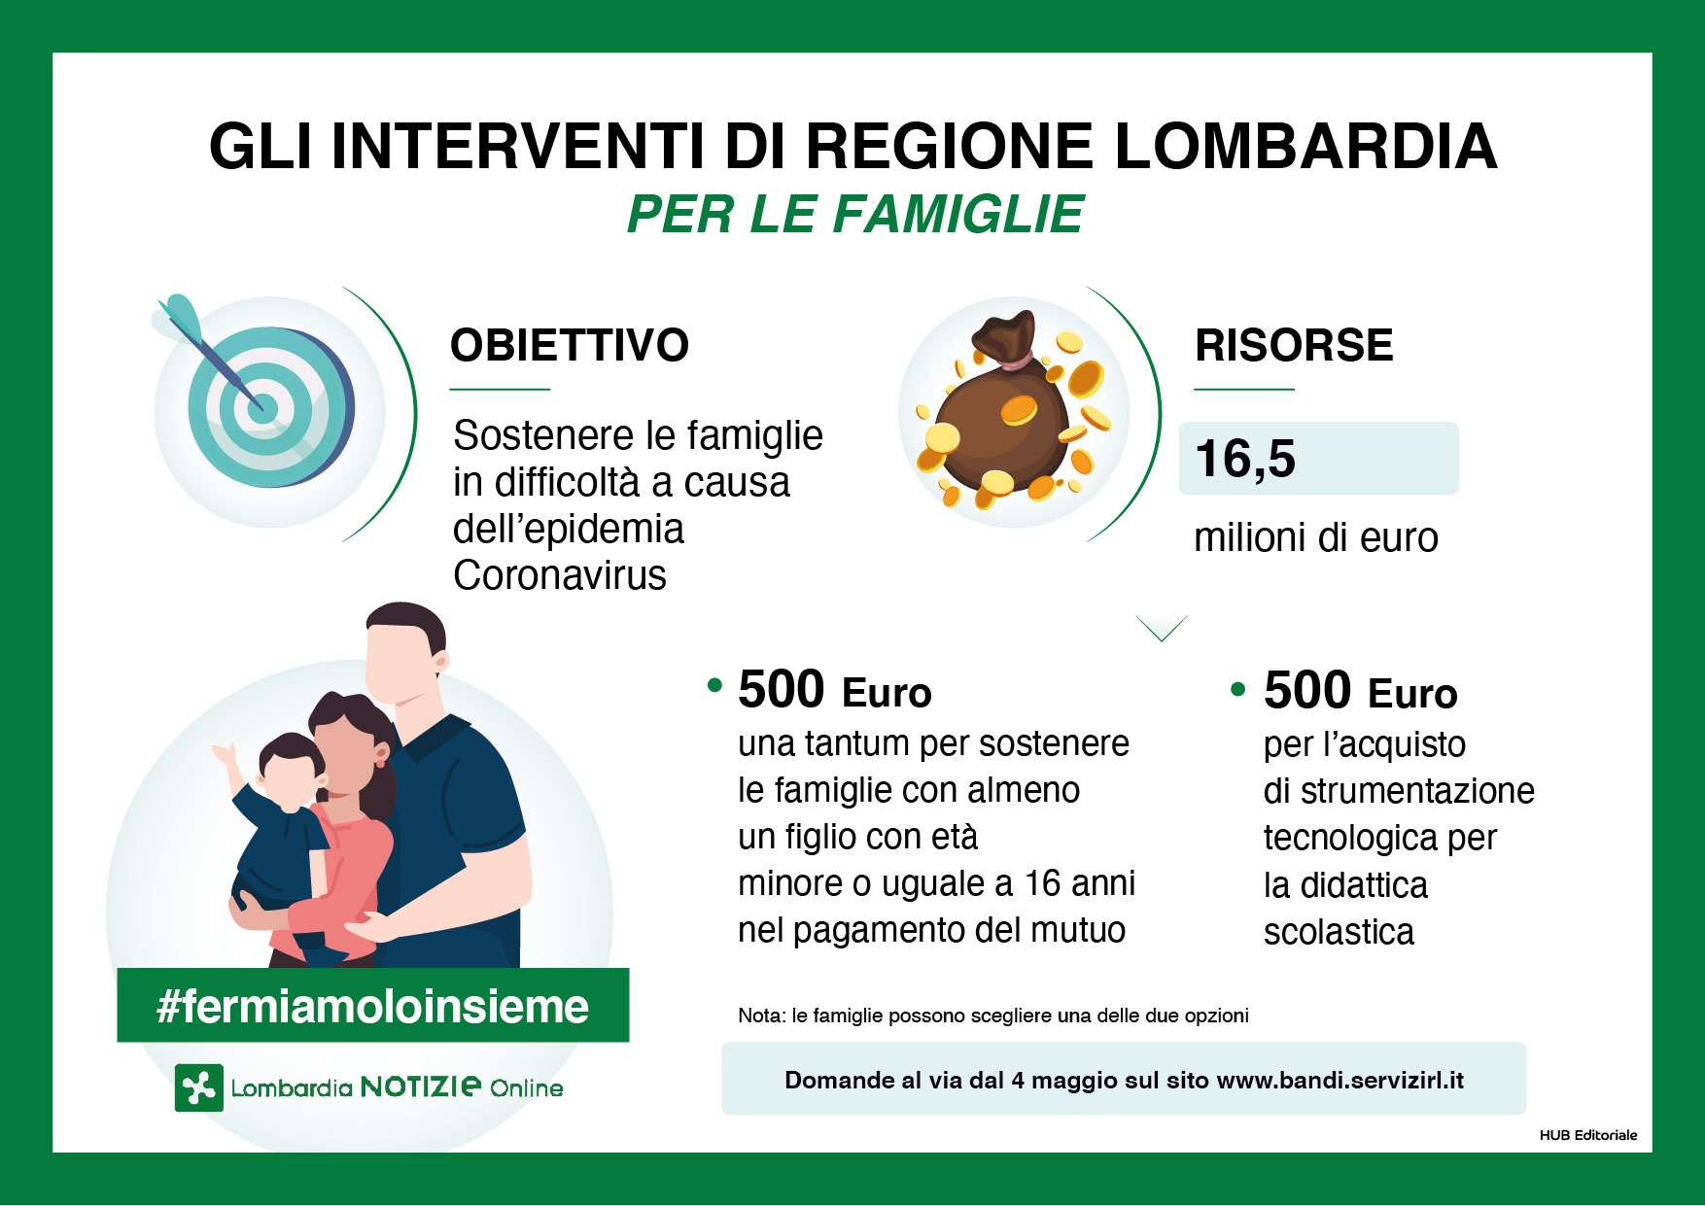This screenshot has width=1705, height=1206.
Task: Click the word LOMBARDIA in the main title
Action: pos(1305,147)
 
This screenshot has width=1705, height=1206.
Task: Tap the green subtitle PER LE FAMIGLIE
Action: pos(854,215)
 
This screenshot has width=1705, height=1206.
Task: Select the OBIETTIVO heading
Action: pos(570,346)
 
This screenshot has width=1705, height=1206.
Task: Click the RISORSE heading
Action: pos(1294,346)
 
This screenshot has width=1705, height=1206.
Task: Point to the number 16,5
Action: pos(1245,459)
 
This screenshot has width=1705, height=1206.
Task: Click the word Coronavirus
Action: pos(560,575)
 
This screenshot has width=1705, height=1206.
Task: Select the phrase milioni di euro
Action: pos(1315,537)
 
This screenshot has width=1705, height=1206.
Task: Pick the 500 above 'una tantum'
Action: pos(781,690)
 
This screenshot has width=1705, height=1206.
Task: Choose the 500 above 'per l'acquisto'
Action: pos(1306,691)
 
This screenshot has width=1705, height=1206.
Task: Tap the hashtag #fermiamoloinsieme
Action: pos(372,1006)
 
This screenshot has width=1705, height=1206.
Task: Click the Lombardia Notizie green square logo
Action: pos(199,1087)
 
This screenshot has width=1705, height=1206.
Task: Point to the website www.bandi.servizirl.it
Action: pos(1340,1080)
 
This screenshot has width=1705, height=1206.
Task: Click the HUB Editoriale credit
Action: pos(1587,1135)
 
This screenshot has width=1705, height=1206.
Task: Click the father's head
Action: pos(404,651)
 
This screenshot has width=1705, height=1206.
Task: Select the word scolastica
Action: pos(1339,932)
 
